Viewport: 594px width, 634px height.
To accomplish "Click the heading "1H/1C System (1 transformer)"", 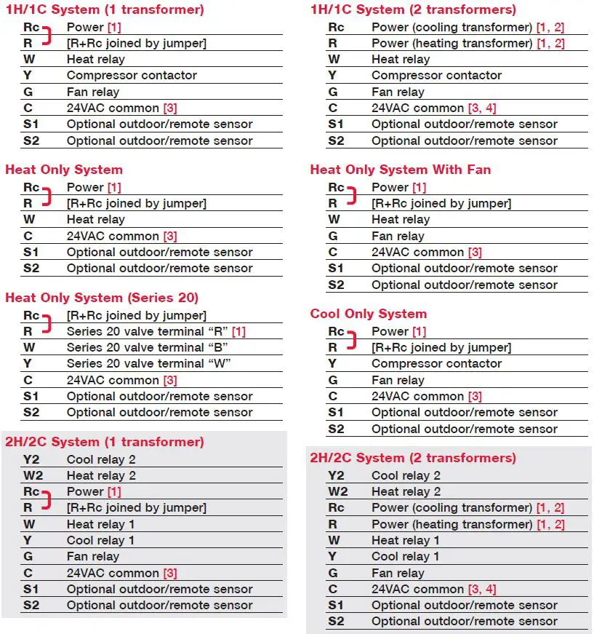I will click(105, 10).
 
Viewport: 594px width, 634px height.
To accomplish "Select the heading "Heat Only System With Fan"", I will click(400, 170).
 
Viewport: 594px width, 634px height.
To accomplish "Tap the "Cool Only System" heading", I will click(368, 314).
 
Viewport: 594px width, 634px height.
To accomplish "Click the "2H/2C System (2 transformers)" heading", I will click(413, 458).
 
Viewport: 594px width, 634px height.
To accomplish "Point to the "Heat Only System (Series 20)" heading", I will click(102, 298).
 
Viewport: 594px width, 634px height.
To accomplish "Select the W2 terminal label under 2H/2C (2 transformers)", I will click(337, 491).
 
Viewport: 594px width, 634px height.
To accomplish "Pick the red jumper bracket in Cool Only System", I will click(353, 339).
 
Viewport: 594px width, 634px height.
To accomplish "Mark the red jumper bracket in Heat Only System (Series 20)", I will click(48, 323).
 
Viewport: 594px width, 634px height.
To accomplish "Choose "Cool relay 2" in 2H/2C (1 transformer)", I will click(101, 459).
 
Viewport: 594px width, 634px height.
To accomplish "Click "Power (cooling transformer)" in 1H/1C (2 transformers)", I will click(451, 27).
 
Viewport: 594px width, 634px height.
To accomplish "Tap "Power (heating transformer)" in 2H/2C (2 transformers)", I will click(451, 524).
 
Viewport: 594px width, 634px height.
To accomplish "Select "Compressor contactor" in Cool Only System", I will click(436, 363).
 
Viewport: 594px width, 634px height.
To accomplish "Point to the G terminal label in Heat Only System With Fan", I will click(333, 236).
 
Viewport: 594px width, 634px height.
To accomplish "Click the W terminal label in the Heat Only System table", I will click(29, 219).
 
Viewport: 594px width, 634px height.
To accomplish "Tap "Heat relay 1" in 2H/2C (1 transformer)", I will click(101, 524).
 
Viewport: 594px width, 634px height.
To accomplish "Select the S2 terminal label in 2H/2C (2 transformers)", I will click(336, 622).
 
